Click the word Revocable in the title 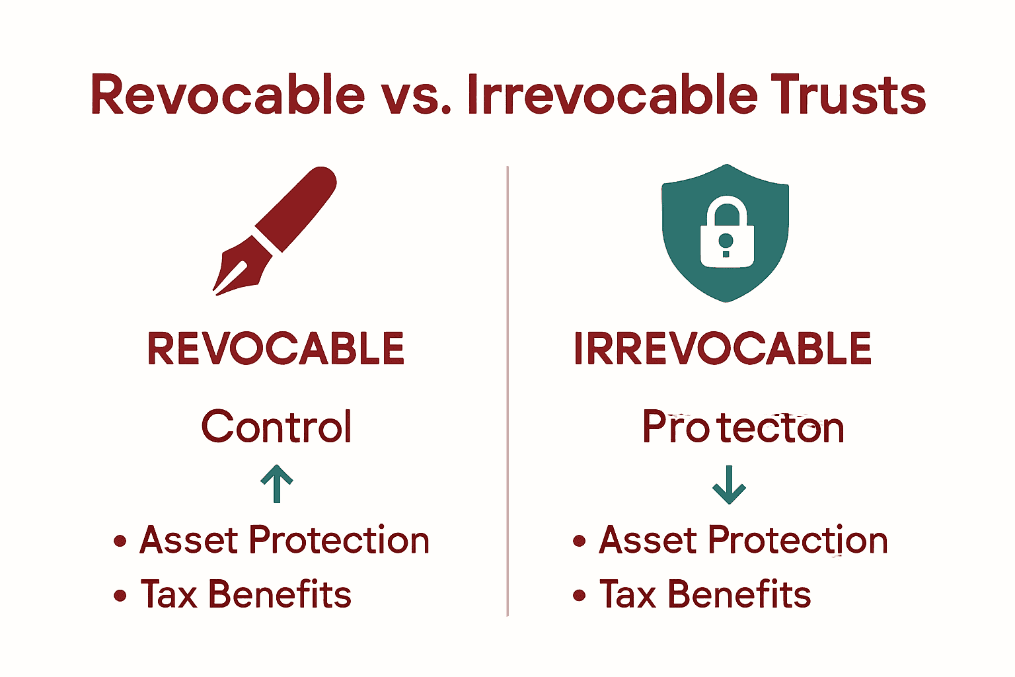[227, 95]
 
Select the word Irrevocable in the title [612, 95]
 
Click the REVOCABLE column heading [276, 349]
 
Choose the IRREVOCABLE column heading [723, 349]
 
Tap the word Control [276, 426]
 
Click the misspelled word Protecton [743, 428]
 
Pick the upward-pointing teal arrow [277, 483]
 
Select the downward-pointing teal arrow [729, 485]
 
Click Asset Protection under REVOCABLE [284, 540]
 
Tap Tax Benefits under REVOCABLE [246, 594]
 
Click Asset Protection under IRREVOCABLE [743, 540]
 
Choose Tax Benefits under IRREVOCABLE [705, 594]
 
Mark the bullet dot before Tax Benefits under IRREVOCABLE [580, 596]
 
